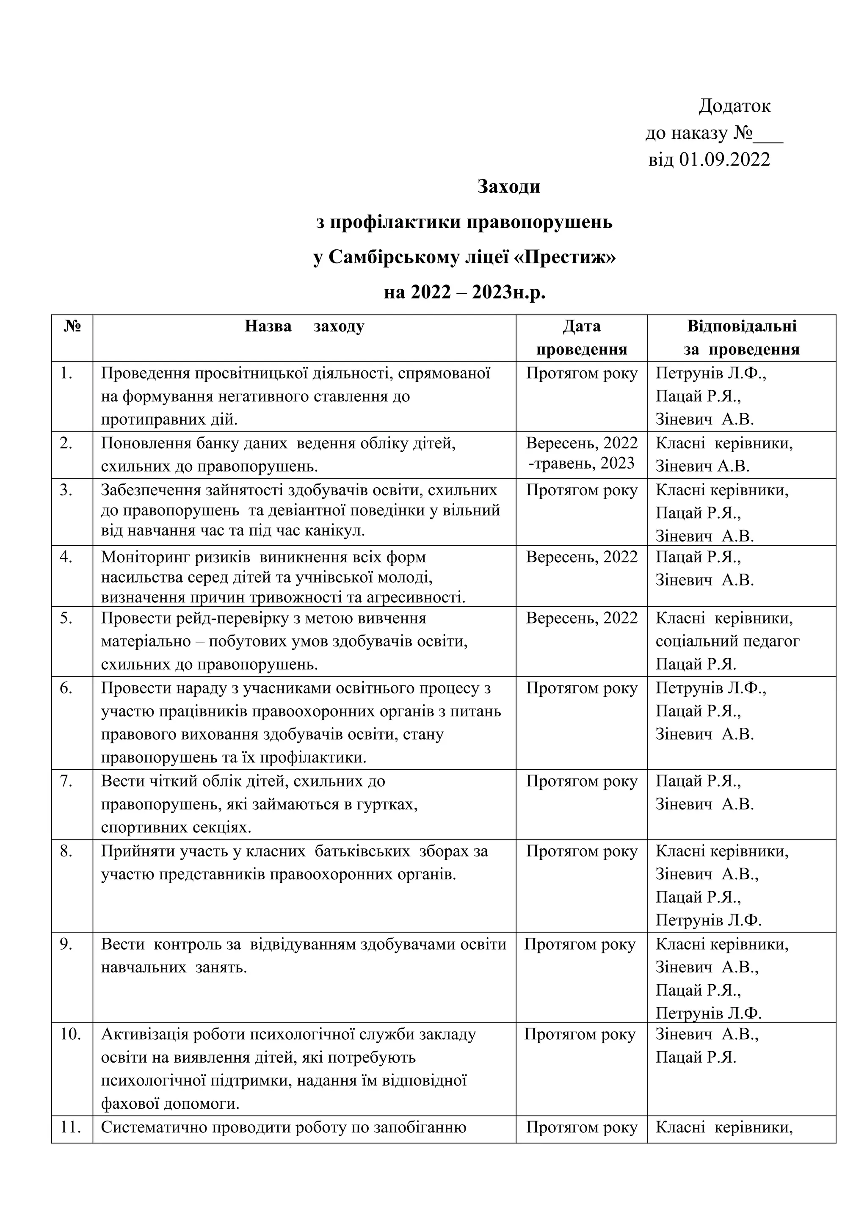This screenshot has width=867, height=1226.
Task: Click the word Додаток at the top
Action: [734, 106]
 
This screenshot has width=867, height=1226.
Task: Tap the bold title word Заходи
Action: [508, 186]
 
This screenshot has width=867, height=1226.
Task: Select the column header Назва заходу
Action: [304, 326]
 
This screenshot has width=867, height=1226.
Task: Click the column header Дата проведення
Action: [581, 337]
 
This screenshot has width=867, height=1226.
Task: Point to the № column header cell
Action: [72, 326]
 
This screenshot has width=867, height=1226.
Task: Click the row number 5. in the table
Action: [66, 619]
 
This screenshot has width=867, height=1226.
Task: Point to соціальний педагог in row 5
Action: [727, 641]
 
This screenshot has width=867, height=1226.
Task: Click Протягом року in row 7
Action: [581, 781]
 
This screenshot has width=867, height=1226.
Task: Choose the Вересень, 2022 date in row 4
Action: [581, 557]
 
